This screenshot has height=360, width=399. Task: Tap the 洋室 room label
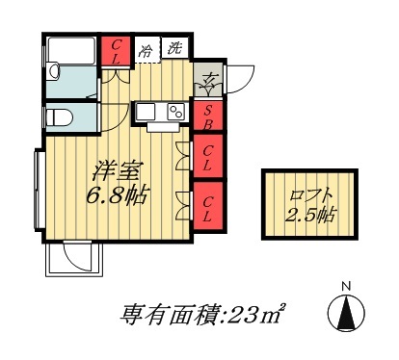(x=114, y=172)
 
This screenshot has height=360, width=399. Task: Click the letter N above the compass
(x=347, y=285)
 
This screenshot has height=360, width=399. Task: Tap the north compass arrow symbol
(x=346, y=312)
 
